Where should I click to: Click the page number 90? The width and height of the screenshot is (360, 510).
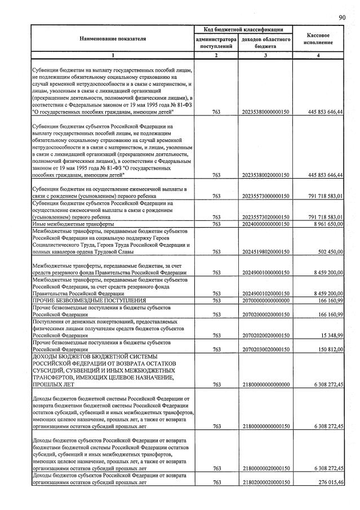pyautogui.click(x=342, y=17)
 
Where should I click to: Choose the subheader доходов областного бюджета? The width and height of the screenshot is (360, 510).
pyautogui.click(x=265, y=43)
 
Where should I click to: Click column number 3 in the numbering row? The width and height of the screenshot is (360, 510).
pyautogui.click(x=265, y=55)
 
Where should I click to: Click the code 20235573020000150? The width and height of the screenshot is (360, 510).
pyautogui.click(x=265, y=217)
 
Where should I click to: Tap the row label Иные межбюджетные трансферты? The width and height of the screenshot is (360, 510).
pyautogui.click(x=69, y=224)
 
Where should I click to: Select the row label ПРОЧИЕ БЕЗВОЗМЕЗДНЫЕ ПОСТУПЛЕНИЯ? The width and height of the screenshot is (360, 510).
pyautogui.click(x=89, y=300)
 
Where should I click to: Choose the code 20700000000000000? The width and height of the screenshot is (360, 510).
pyautogui.click(x=265, y=300)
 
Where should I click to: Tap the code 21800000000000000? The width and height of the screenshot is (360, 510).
pyautogui.click(x=265, y=384)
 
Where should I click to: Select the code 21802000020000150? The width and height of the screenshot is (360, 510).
pyautogui.click(x=265, y=482)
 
